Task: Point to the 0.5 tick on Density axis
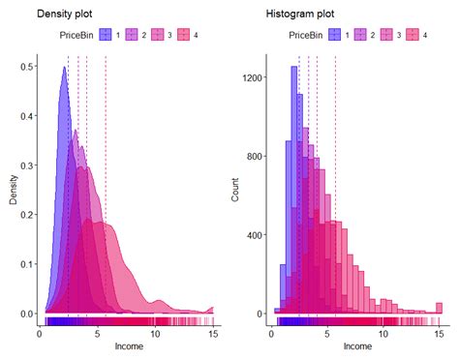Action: click(x=30, y=67)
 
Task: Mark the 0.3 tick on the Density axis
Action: click(x=30, y=165)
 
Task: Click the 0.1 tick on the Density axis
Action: click(x=30, y=264)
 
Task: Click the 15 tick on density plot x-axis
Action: click(x=212, y=332)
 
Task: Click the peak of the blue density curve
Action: click(x=64, y=67)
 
